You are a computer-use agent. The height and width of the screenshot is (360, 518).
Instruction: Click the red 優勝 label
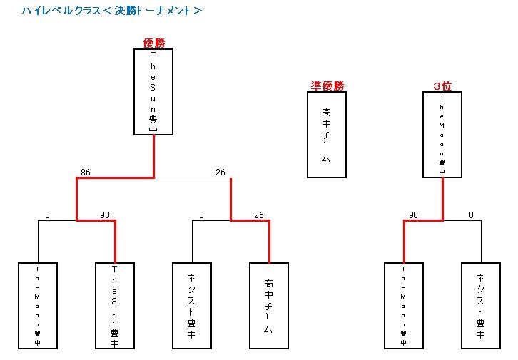154,43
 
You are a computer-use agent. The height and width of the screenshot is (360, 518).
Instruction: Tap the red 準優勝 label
327,86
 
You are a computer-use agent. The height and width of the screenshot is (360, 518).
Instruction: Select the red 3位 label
442,86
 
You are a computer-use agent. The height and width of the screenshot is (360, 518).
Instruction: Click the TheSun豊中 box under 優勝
153,91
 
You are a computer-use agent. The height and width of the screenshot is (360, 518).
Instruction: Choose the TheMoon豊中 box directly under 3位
442,135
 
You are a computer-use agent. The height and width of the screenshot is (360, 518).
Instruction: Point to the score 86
86,172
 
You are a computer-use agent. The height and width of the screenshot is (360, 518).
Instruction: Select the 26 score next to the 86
220,172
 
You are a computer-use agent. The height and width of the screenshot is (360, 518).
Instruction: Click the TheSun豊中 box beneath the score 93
115,306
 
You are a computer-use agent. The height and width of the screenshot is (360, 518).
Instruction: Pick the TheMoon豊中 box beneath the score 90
404,306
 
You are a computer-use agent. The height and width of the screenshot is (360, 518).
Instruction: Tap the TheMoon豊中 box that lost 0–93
38,306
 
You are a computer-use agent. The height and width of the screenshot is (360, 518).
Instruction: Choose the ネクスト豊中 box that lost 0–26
192,306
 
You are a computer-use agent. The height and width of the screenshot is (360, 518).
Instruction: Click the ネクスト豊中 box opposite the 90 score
481,306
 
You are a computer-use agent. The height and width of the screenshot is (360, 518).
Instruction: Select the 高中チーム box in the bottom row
269,306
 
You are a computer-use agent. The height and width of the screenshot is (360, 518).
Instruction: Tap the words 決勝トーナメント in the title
157,11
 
